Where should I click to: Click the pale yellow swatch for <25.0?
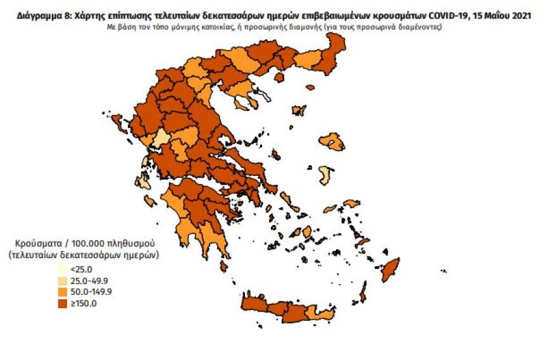pyautogui.click(x=61, y=269)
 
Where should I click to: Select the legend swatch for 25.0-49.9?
pyautogui.click(x=61, y=280)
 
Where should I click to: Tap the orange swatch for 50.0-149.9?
pyautogui.click(x=61, y=292)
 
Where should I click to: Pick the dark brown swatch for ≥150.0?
pyautogui.click(x=61, y=304)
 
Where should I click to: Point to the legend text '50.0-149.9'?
pyautogui.click(x=91, y=292)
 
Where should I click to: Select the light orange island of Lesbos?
pyautogui.click(x=332, y=142)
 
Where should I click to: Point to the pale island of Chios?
pyautogui.click(x=325, y=175)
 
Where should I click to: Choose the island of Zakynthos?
pyautogui.click(x=151, y=201)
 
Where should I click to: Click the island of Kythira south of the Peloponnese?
pyautogui.click(x=224, y=266)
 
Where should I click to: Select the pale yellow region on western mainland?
pyautogui.click(x=162, y=138)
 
